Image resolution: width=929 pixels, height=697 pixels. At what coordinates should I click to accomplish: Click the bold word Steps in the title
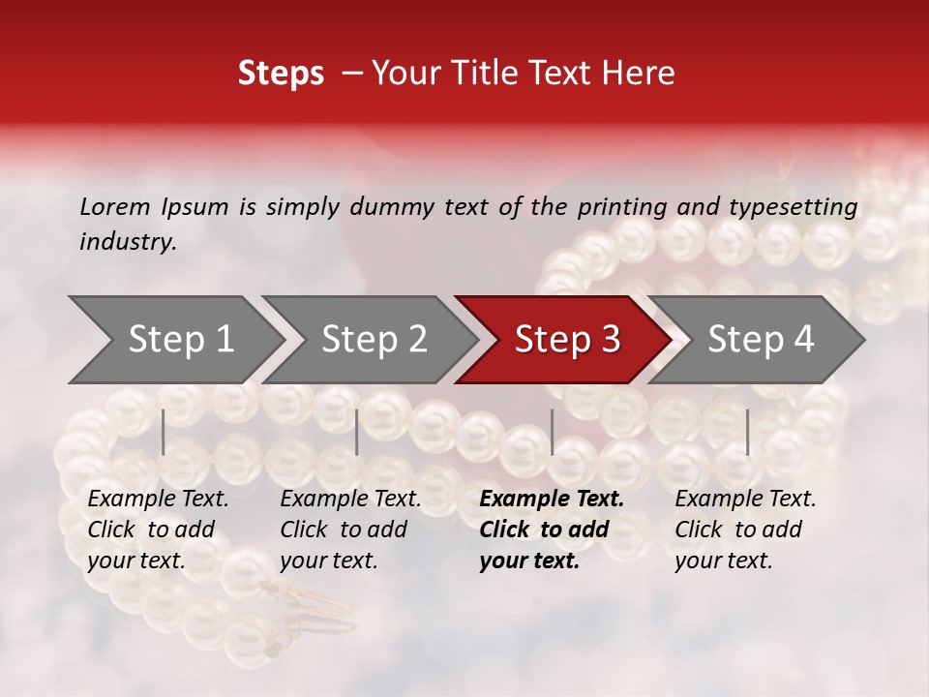(x=281, y=74)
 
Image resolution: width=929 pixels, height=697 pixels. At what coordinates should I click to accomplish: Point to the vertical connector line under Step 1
(x=164, y=432)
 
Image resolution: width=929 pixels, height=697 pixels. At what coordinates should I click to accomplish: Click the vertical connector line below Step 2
(x=357, y=432)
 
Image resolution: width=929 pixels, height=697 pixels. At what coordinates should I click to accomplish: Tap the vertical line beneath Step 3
(x=552, y=432)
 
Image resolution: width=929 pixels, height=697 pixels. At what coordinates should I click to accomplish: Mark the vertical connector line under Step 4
(x=747, y=432)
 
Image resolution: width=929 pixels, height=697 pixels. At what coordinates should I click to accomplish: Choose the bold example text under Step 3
(x=551, y=530)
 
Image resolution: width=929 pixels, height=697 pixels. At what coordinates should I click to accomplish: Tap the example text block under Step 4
(x=744, y=530)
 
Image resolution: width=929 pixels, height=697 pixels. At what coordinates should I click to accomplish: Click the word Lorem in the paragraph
(x=114, y=206)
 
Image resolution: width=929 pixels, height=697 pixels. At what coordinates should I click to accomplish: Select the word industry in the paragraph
(x=127, y=242)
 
